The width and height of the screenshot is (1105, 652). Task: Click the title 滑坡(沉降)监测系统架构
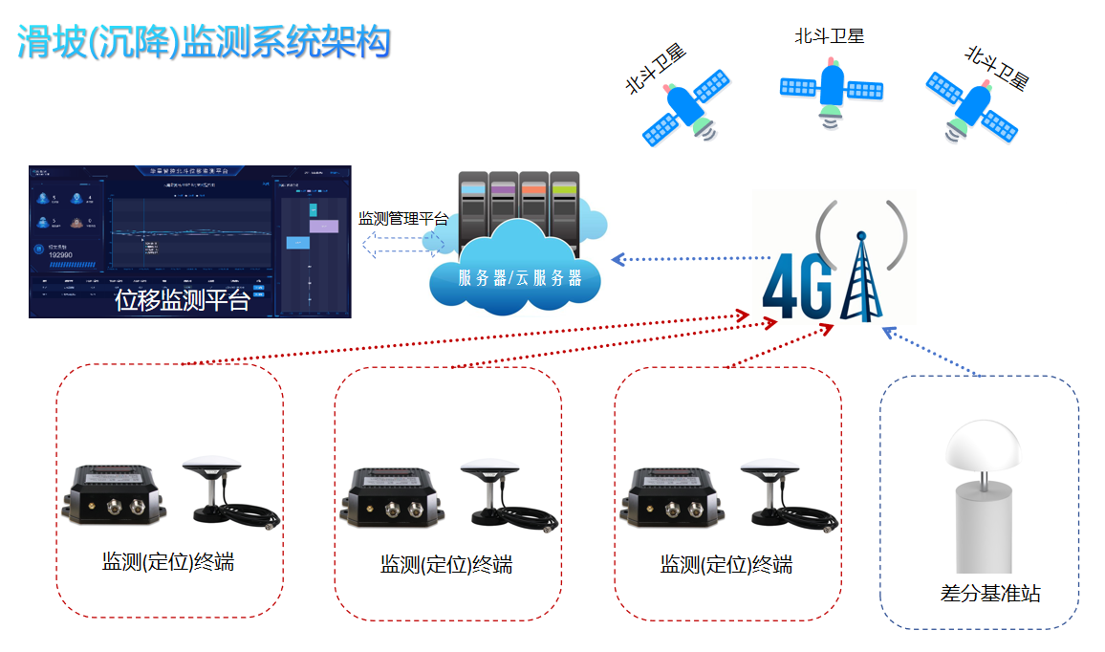[x=204, y=41]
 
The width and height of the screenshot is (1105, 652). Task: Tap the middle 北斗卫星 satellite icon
[x=831, y=89]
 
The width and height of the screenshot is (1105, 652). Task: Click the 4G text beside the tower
[x=800, y=285]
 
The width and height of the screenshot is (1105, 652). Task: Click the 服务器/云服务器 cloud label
[x=520, y=278]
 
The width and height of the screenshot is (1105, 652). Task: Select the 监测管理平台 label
[x=402, y=219]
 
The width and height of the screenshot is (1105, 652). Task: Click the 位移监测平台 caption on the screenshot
[x=182, y=301]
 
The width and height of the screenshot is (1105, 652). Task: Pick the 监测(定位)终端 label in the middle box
[x=446, y=565]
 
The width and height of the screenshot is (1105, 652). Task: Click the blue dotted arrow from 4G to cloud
[x=690, y=258]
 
